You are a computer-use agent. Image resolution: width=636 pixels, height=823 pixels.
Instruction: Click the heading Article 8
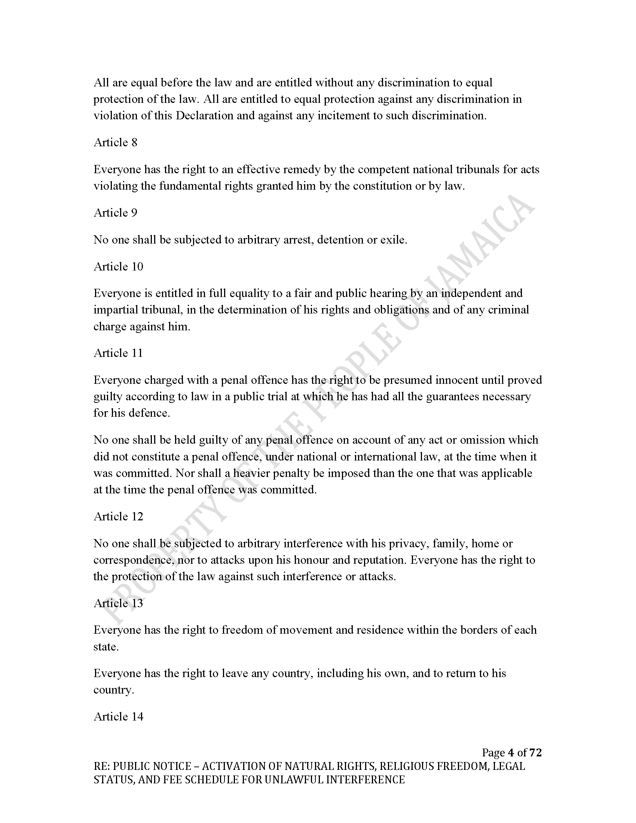point(115,143)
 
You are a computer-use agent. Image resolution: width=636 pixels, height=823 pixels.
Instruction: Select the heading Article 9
point(115,213)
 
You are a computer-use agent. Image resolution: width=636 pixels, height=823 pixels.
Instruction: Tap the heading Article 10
point(118,267)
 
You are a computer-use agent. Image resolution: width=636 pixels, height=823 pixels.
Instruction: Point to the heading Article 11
point(118,353)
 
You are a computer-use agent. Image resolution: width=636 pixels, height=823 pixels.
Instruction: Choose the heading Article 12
point(118,516)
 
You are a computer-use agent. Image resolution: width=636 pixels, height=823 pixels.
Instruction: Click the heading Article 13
point(118,603)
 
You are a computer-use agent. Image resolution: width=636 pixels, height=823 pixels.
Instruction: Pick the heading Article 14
point(118,716)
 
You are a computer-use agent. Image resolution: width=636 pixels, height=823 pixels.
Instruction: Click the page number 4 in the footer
point(511,753)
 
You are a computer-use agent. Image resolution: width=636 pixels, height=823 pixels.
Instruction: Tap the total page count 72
point(535,753)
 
